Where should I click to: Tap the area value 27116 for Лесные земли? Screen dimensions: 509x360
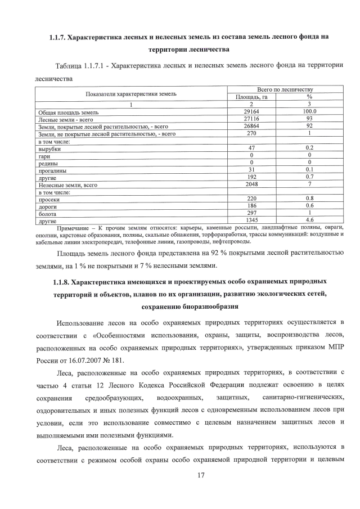251,119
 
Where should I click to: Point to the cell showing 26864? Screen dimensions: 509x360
251,127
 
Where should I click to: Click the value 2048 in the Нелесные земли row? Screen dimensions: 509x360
251,184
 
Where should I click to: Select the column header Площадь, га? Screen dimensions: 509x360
251,97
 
